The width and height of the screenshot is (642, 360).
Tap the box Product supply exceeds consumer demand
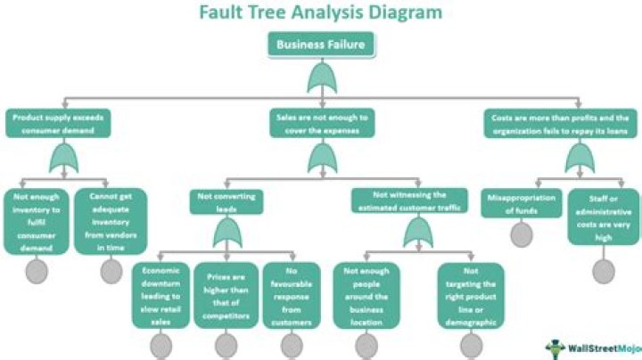coord(60,123)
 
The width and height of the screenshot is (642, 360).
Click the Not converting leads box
coord(226,202)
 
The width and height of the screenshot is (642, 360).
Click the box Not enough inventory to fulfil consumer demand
coord(37,220)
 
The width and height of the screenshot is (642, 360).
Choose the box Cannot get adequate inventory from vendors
coord(111,220)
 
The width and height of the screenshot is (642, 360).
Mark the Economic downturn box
coord(160,293)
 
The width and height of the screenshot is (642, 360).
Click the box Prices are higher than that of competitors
coord(225,293)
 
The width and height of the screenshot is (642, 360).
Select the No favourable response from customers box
coord(292,293)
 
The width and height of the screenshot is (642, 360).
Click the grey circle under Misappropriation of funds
coord(522,234)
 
